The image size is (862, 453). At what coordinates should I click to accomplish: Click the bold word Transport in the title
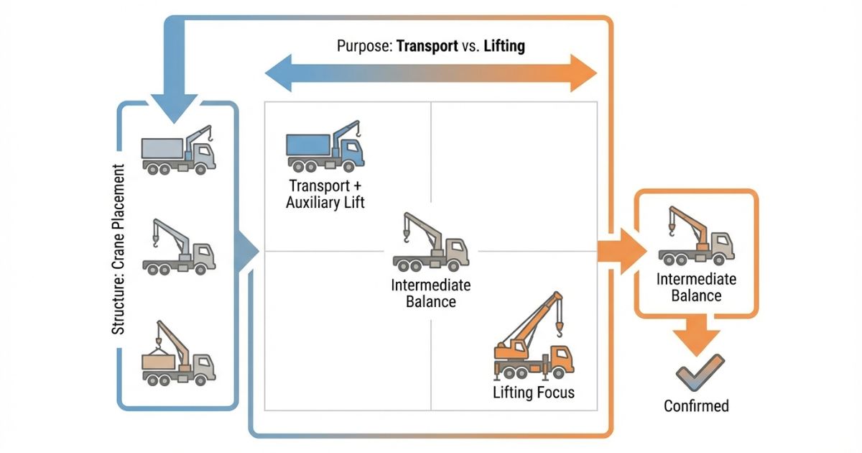click(x=427, y=47)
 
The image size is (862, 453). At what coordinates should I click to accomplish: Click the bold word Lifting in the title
click(x=504, y=47)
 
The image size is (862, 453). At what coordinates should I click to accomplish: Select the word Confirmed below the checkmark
click(x=695, y=406)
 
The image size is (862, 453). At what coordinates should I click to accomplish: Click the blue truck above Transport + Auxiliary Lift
click(x=325, y=147)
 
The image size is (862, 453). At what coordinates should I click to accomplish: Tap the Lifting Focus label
click(x=534, y=393)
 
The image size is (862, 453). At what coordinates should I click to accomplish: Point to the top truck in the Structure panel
click(x=179, y=151)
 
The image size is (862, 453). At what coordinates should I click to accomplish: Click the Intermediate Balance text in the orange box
click(x=695, y=287)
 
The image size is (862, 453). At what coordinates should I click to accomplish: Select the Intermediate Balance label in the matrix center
click(x=430, y=293)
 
